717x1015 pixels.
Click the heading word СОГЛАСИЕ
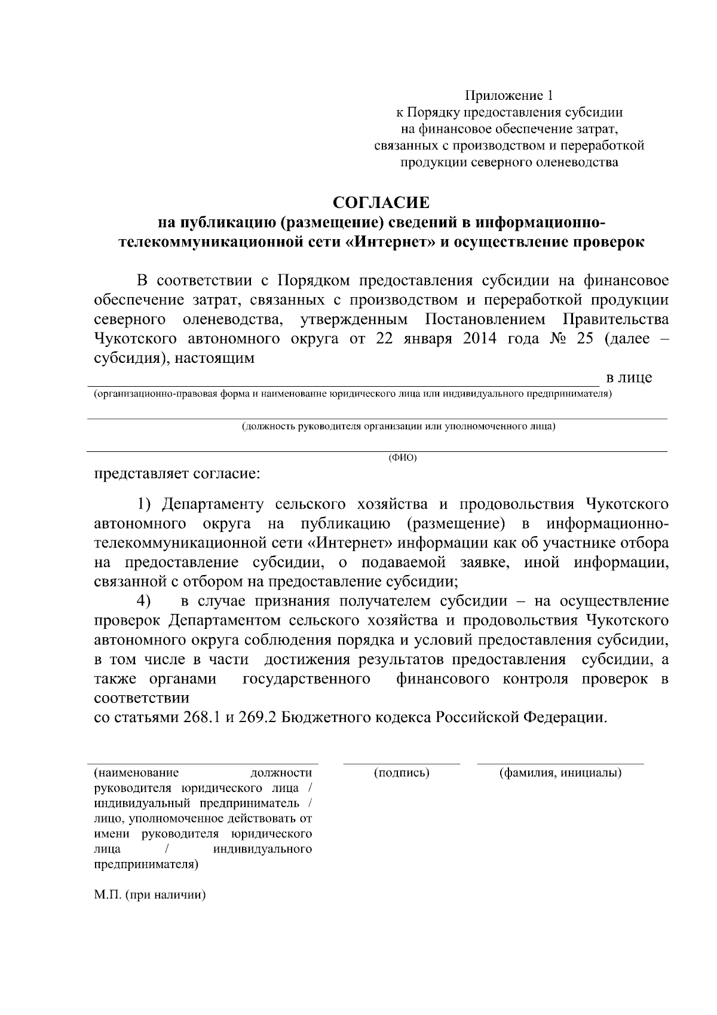(x=381, y=203)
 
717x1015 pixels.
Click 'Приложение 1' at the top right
(x=510, y=96)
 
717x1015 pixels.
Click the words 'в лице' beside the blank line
(x=629, y=378)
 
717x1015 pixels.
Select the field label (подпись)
(x=402, y=773)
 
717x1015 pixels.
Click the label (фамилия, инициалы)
(x=560, y=773)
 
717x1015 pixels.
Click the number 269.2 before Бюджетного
(x=257, y=717)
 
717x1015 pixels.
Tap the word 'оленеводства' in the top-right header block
(x=579, y=162)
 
